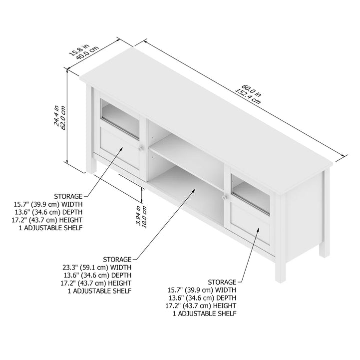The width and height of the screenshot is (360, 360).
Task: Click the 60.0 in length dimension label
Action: pos(251,90)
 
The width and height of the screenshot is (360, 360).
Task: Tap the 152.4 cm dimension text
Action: pos(248,96)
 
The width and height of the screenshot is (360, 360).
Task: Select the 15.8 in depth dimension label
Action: pos(79,50)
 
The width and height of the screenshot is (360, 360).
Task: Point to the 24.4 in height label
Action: pos(56,115)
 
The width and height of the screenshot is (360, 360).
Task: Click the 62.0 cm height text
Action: pos(63,117)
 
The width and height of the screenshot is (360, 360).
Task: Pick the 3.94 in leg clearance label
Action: pos(138,215)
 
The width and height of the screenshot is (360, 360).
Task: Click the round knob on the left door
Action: pos(141,148)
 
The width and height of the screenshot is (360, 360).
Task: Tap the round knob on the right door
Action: pos(225,197)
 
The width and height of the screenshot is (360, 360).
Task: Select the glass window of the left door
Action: pos(120,119)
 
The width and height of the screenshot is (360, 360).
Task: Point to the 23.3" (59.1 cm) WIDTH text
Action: pos(97,267)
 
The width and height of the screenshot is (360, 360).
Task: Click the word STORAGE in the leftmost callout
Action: pos(68,197)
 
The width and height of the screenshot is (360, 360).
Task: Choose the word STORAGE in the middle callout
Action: pos(117,260)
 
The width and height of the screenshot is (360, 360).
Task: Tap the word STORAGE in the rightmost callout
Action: pos(222,282)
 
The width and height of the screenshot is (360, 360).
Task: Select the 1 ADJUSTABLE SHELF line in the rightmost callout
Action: pos(205,314)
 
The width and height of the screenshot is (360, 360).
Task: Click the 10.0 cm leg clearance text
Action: pos(144,217)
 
